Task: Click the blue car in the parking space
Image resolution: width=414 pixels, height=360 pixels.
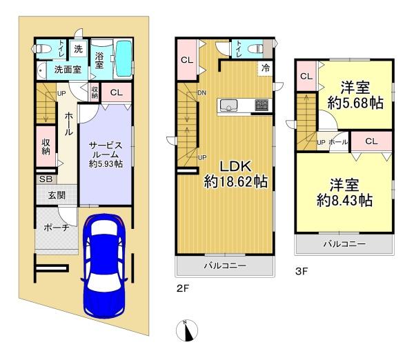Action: (x=103, y=266)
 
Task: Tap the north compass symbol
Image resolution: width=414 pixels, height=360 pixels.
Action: (x=187, y=330)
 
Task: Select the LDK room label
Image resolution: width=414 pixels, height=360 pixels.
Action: (x=235, y=166)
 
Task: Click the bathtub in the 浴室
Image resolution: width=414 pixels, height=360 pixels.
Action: (x=124, y=59)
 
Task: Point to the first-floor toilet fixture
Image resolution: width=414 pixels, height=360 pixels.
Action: (x=41, y=49)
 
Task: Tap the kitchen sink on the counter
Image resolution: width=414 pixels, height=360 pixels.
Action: (x=228, y=105)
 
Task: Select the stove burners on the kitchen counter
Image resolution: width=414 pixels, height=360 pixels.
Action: (x=262, y=105)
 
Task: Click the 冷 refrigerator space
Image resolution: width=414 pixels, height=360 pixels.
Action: (x=265, y=68)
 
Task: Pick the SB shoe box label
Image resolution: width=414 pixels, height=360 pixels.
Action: (x=46, y=179)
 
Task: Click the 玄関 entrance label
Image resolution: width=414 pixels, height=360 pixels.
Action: (x=57, y=196)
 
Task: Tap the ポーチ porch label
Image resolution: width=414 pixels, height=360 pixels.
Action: (x=57, y=228)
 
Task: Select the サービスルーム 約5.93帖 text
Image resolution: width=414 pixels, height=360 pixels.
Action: (x=106, y=154)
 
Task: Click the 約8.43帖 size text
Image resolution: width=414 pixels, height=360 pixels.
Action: (x=344, y=201)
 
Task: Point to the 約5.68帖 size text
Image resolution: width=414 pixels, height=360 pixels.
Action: (x=355, y=103)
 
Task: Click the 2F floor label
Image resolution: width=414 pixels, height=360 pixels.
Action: (x=183, y=288)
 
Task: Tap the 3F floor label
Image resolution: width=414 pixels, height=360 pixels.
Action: (x=302, y=271)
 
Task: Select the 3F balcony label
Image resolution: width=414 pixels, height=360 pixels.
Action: (x=344, y=244)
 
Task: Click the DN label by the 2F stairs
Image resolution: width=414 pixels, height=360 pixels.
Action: (x=202, y=93)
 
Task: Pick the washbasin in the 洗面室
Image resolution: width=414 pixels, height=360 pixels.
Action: (x=41, y=70)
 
